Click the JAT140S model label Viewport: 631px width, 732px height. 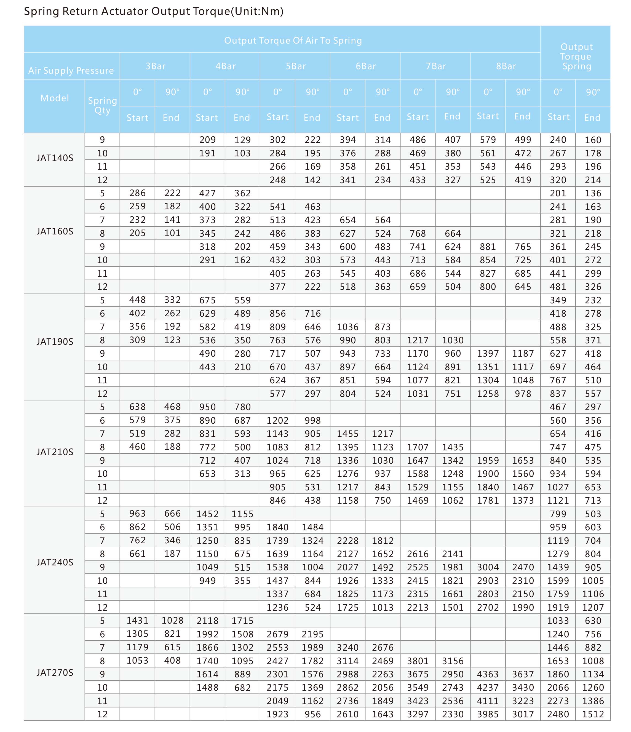55,157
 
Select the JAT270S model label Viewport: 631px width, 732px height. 55,672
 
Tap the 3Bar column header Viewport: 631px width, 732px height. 156,66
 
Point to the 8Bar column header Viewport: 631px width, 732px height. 506,66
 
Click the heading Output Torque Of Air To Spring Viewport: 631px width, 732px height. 293,40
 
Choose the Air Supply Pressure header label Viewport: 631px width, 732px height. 71,70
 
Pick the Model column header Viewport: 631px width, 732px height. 55,98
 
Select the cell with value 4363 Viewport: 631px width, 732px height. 488,674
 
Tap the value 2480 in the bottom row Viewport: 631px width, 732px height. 558,714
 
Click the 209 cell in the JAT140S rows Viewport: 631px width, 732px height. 207,140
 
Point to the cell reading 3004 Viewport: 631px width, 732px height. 488,567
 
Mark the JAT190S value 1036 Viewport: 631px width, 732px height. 348,327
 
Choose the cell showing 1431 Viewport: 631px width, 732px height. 137,620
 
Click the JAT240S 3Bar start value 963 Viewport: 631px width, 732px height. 137,513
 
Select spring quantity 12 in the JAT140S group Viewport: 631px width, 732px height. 102,180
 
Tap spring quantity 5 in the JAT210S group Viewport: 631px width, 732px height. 102,407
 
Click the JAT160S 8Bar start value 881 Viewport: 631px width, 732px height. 488,247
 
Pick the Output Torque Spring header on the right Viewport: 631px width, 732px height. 576,57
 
